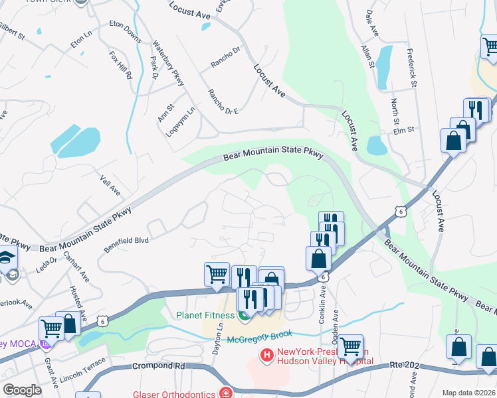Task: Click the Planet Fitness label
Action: (207, 314)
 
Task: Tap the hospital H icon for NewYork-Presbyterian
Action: (267, 356)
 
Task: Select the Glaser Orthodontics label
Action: (169, 393)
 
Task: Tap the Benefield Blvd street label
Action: (126, 244)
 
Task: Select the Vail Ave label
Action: (110, 185)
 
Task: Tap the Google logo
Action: (22, 390)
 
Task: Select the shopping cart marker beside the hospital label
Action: (350, 346)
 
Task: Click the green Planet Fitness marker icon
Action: (245, 316)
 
